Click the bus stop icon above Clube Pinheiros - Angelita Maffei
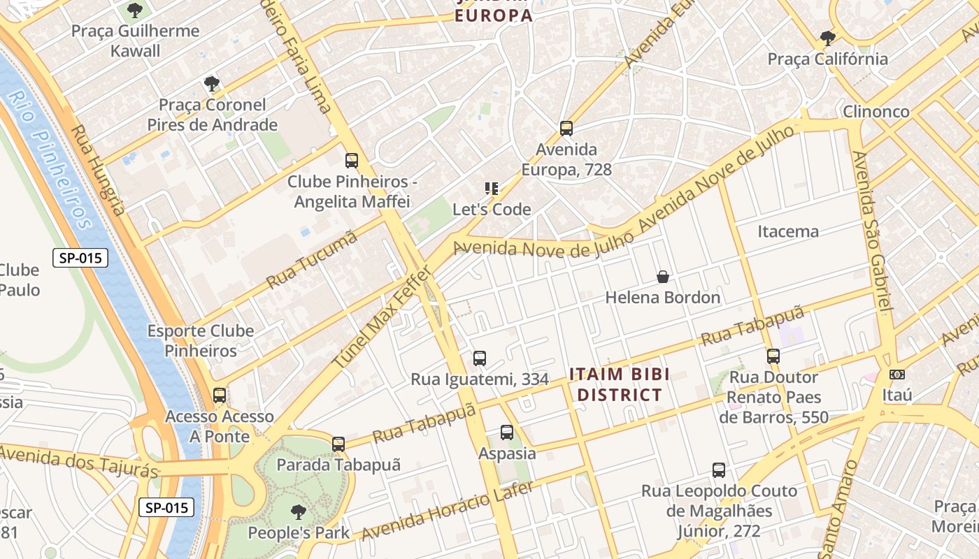click(352, 161)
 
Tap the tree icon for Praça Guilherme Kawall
click(135, 10)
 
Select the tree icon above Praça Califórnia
click(828, 38)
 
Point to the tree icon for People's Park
click(299, 511)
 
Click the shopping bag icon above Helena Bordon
click(663, 277)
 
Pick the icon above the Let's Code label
click(492, 188)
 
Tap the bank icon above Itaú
click(897, 375)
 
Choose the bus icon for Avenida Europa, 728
click(566, 129)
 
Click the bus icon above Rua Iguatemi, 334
click(480, 358)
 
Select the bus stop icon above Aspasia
click(507, 433)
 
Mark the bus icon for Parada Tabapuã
click(338, 444)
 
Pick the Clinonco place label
click(876, 112)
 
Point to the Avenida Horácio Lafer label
click(447, 511)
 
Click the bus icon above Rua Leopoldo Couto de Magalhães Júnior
click(719, 470)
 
